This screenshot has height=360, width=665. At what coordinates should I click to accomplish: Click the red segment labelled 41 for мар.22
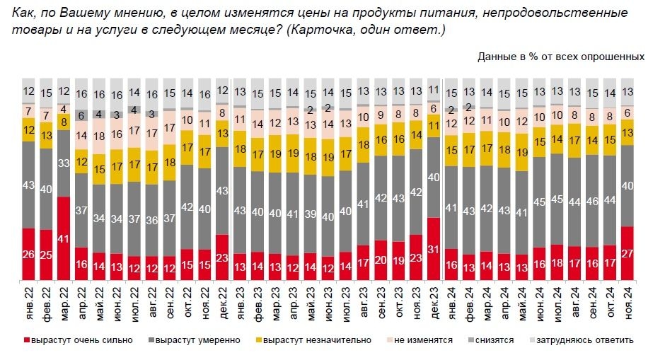click(x=64, y=240)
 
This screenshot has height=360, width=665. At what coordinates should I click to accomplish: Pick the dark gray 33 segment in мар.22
click(x=64, y=163)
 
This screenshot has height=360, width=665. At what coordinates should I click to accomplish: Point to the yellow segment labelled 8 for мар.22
click(x=64, y=122)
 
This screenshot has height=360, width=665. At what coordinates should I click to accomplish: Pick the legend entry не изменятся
click(x=422, y=340)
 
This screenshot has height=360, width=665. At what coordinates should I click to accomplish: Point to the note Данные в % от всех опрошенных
click(x=560, y=56)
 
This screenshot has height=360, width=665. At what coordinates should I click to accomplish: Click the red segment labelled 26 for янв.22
click(x=28, y=255)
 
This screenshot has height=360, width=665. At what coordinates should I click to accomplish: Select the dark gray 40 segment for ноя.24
click(x=627, y=185)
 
